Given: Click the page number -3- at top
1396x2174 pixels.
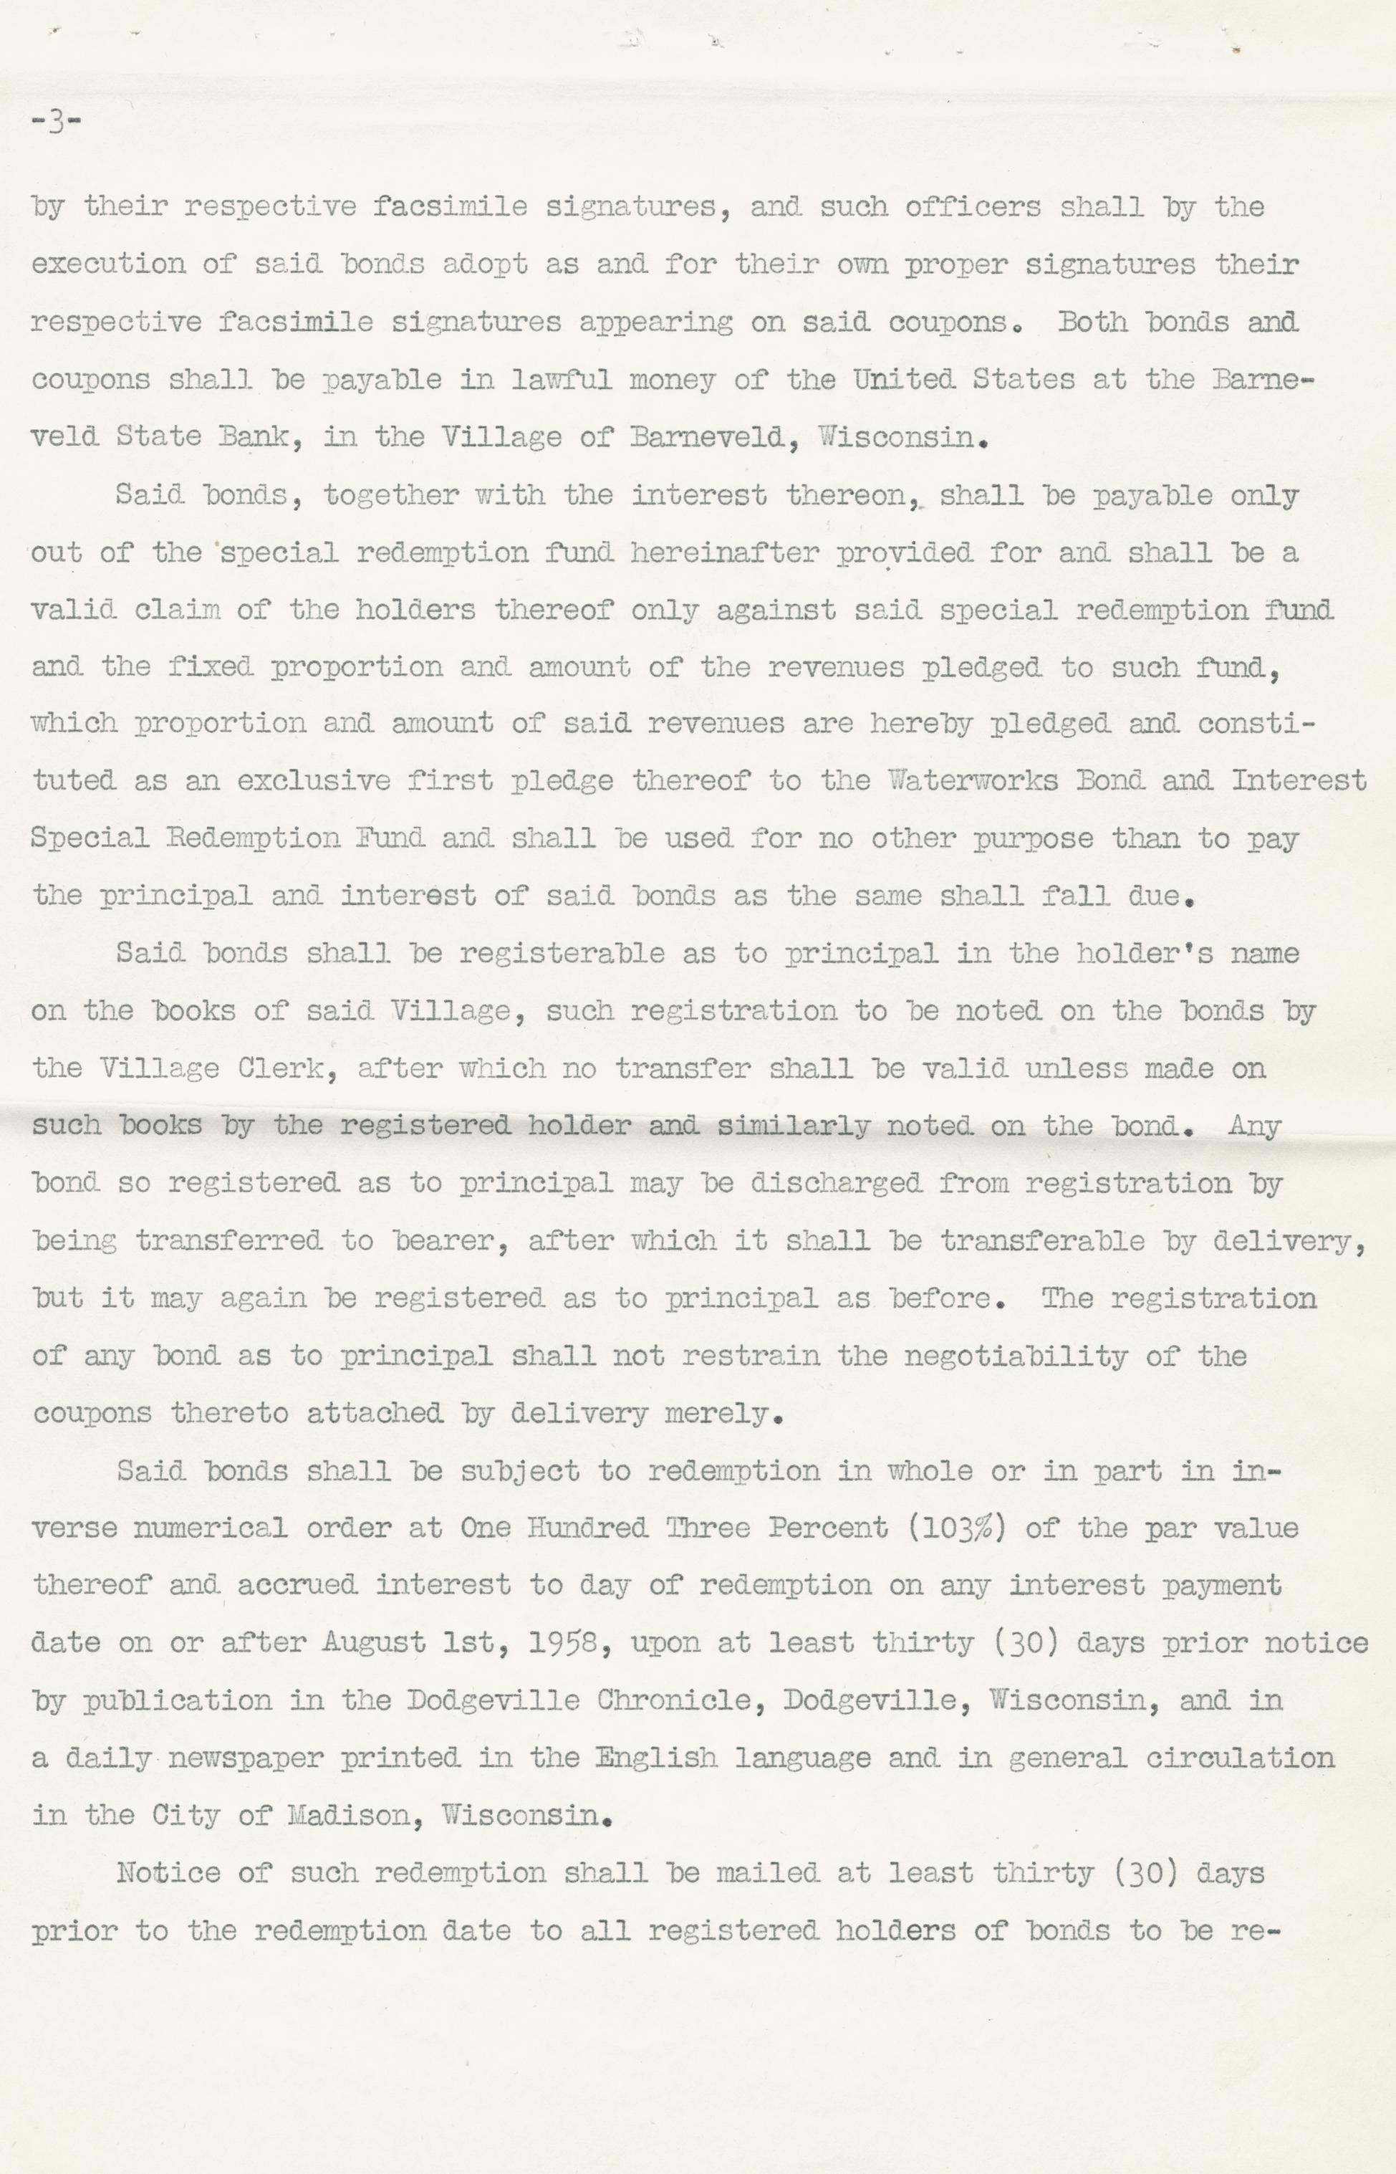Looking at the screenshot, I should point(56,123).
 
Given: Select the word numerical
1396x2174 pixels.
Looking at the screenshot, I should point(209,1528).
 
